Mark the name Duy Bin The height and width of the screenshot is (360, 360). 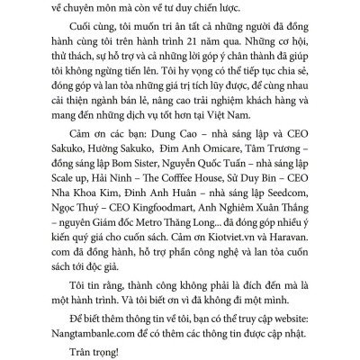tap(272, 205)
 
